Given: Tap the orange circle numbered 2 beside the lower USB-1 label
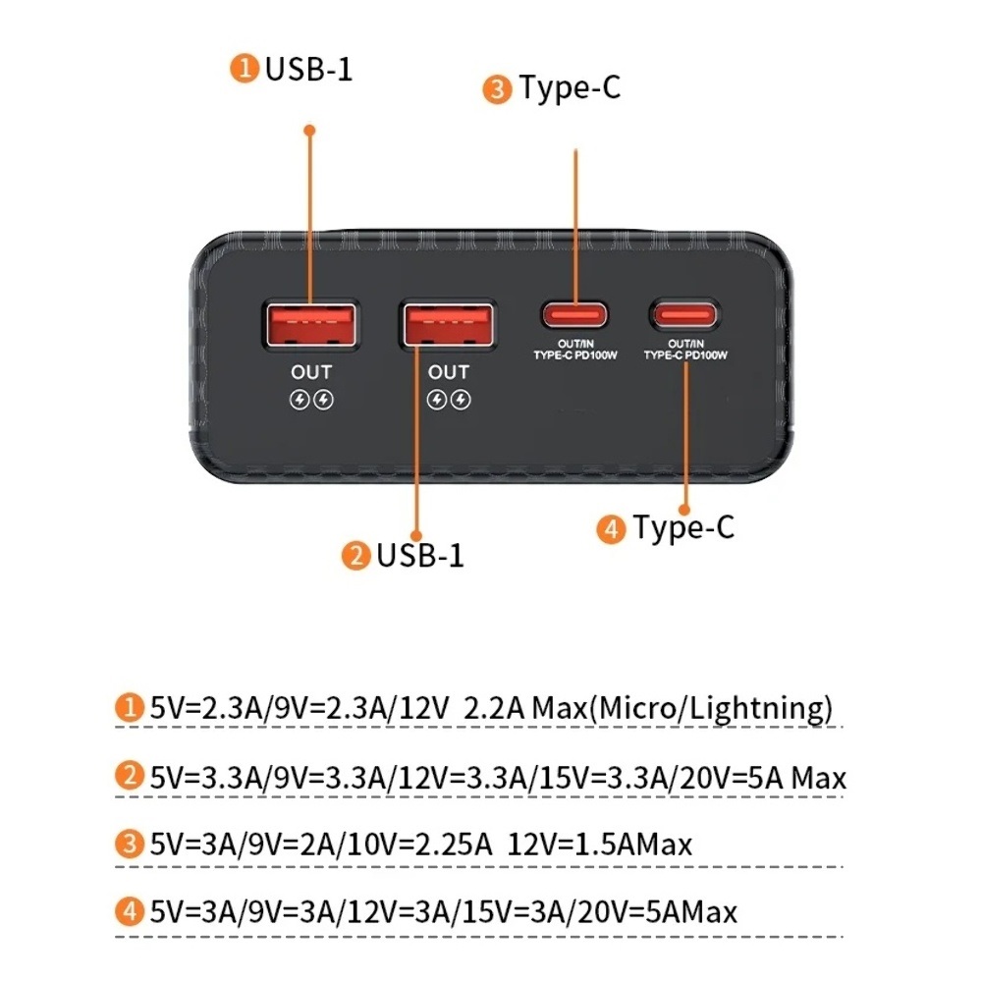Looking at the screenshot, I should coord(355,557).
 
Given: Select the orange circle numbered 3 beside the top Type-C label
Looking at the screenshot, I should coord(497,90).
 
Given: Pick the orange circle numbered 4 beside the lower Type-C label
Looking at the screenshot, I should coord(611,529).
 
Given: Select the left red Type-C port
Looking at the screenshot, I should coord(574,315).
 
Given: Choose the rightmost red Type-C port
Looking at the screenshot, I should coord(684,315).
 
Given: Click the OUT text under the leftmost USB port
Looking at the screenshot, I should coord(311,372).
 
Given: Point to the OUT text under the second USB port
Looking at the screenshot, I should coord(449,372).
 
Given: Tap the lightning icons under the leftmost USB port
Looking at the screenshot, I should coord(311,400).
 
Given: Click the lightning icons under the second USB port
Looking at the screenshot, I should coord(449,400).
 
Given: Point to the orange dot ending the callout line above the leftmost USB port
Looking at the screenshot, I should coord(309,129).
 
